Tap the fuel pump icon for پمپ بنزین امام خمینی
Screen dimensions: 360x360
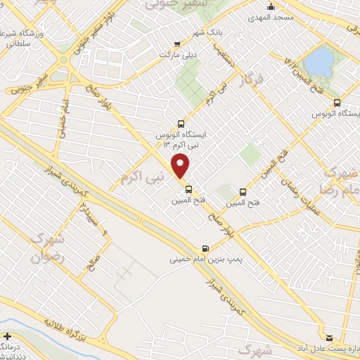click(205, 248)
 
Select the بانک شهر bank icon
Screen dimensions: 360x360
click(196, 41)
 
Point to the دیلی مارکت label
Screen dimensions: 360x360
click(155, 53)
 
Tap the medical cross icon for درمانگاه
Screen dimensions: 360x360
click(7, 337)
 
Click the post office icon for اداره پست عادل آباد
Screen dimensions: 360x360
click(329, 337)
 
